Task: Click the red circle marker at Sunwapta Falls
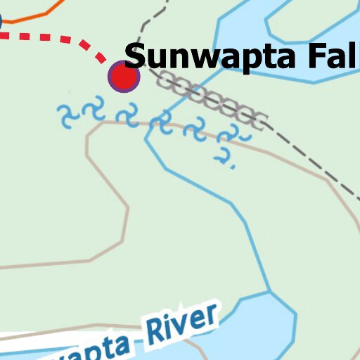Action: click(x=124, y=77)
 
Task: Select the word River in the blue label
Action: click(x=182, y=326)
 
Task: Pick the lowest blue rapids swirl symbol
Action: click(x=224, y=157)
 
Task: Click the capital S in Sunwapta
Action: click(x=138, y=56)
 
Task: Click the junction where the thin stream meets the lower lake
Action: click(x=269, y=292)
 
